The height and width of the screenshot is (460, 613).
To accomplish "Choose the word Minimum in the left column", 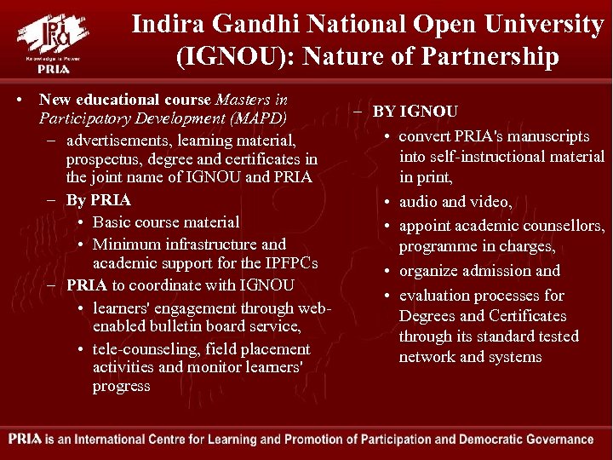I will click(127, 244).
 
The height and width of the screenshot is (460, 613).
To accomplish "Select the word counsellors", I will click(561, 227).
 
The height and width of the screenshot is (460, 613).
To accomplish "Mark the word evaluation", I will click(435, 296).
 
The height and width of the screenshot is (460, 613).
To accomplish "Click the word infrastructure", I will click(203, 244).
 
